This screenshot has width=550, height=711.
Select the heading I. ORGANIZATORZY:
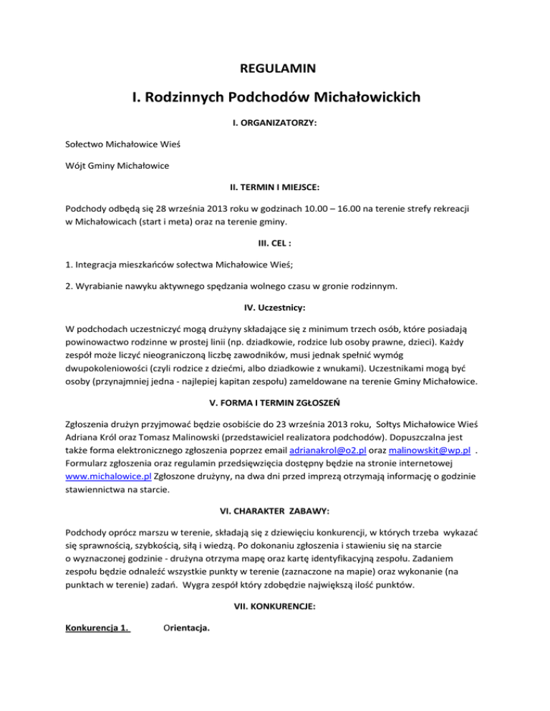coord(275,123)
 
